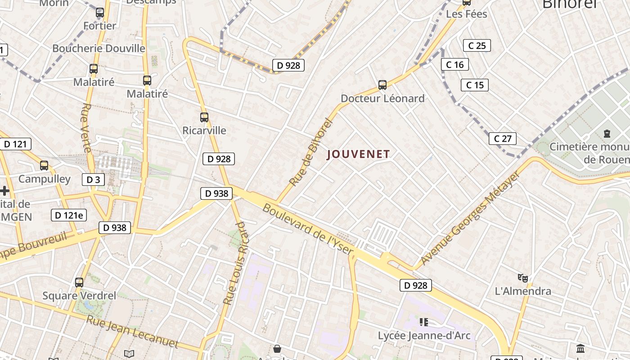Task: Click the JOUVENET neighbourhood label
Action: [x=358, y=154]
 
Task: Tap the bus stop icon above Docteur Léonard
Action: [x=382, y=85]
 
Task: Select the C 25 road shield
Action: [x=477, y=45]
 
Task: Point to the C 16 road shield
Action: [x=454, y=65]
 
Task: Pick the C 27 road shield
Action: [x=502, y=139]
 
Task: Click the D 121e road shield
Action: [x=68, y=215]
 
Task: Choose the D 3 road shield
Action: [x=93, y=180]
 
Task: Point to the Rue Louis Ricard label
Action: [x=235, y=263]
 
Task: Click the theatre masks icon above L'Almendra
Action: [x=522, y=278]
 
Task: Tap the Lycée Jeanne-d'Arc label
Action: [x=424, y=336]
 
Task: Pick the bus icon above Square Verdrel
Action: [x=79, y=283]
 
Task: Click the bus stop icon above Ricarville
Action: [x=204, y=117]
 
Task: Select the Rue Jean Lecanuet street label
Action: [x=132, y=332]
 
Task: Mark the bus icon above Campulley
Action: [x=44, y=166]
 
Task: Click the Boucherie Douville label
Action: [x=99, y=48]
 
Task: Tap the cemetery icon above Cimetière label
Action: [x=607, y=134]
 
